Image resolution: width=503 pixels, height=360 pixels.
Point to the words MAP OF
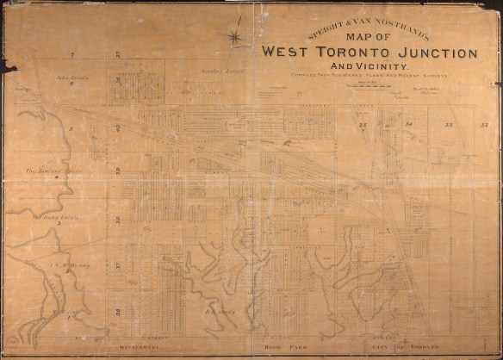pos(369,36)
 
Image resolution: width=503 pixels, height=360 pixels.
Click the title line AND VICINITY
pos(369,66)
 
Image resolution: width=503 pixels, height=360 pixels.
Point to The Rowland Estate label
pos(53,171)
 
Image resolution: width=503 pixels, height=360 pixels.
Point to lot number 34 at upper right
pos(409,125)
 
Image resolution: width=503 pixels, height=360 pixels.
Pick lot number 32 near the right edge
pos(486,126)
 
